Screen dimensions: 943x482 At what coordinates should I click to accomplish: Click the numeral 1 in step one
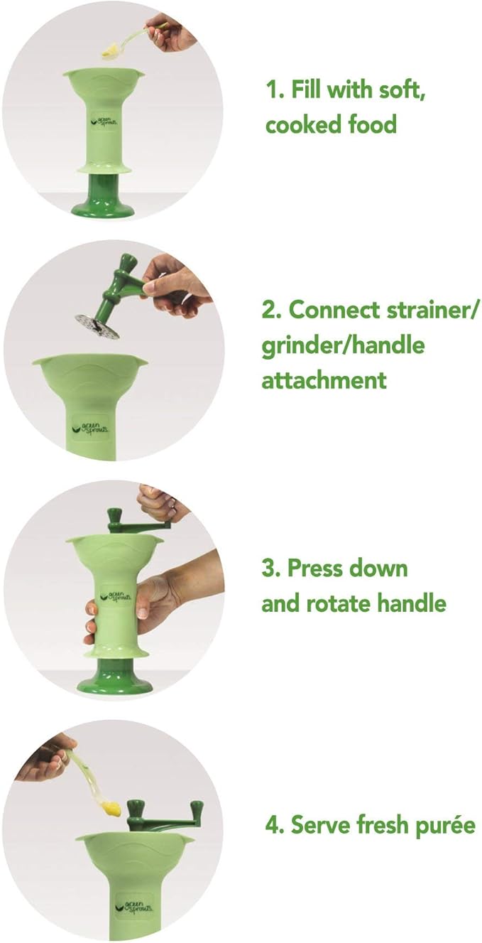(270, 92)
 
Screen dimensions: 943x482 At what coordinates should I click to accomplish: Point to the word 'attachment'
(324, 379)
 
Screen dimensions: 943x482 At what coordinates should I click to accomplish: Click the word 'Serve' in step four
(319, 826)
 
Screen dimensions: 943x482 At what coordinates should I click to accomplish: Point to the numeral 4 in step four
(270, 826)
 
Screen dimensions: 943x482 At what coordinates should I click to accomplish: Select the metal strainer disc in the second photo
(98, 325)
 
